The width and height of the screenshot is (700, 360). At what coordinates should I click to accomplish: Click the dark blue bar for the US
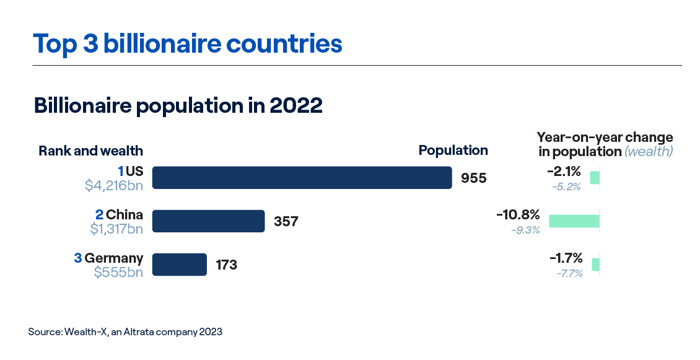coord(302,178)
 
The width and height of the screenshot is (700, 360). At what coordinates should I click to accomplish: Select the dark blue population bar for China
coord(208,221)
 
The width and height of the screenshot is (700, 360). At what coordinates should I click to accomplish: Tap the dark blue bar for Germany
coord(179,265)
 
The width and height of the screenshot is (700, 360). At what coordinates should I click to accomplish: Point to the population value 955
coord(474,178)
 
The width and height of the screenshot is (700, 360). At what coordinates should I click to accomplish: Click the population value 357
coord(286,222)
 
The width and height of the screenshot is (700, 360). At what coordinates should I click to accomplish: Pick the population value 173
coord(227,265)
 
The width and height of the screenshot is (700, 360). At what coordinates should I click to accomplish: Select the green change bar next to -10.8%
coord(574,221)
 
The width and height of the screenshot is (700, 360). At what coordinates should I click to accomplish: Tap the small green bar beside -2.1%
coord(595,178)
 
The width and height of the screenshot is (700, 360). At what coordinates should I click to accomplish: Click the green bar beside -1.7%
coord(596,265)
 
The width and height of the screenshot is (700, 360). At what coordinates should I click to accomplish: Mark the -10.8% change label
coord(518,216)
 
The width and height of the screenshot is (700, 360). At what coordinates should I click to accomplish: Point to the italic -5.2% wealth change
coord(566,187)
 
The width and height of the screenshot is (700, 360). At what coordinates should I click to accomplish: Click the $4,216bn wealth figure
coord(114,185)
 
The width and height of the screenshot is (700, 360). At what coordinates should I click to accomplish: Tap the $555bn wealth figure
coord(118,271)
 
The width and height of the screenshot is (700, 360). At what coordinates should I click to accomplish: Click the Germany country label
coord(113,258)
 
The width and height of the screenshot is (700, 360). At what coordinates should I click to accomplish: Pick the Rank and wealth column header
coord(90,151)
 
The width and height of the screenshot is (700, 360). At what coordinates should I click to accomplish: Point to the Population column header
coord(453,150)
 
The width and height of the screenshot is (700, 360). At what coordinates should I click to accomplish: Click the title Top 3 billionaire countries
coord(187,44)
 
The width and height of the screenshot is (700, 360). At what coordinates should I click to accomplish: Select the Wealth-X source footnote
coord(125,332)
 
